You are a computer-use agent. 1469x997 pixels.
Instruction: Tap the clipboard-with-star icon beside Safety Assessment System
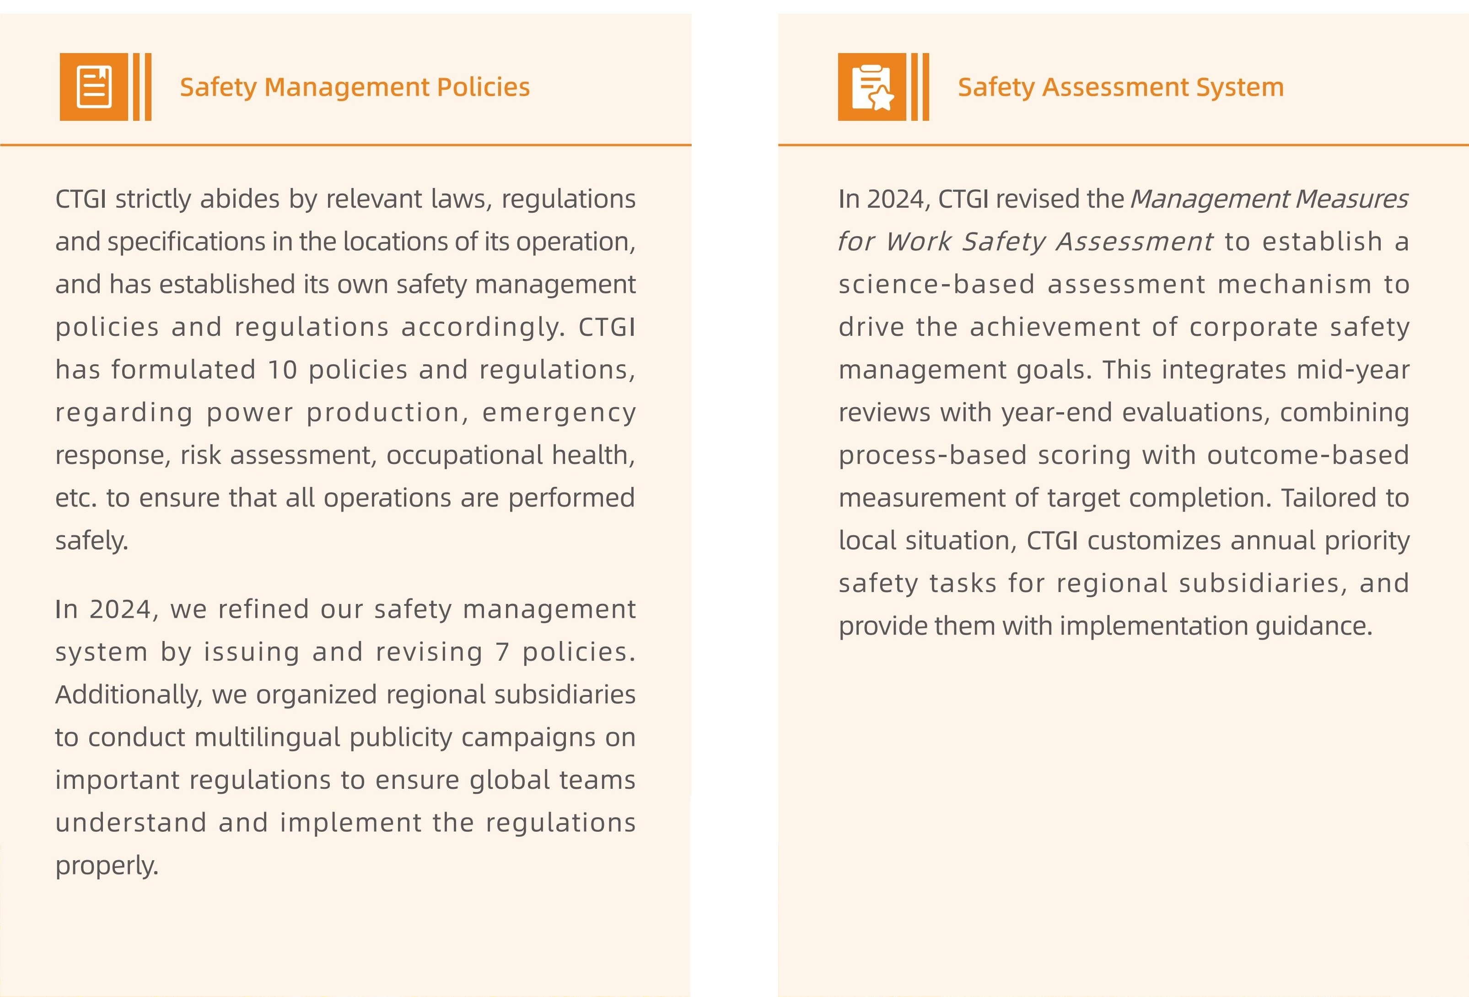click(872, 86)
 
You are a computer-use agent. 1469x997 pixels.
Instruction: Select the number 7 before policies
click(502, 652)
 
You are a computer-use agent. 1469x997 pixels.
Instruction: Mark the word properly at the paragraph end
click(106, 866)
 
